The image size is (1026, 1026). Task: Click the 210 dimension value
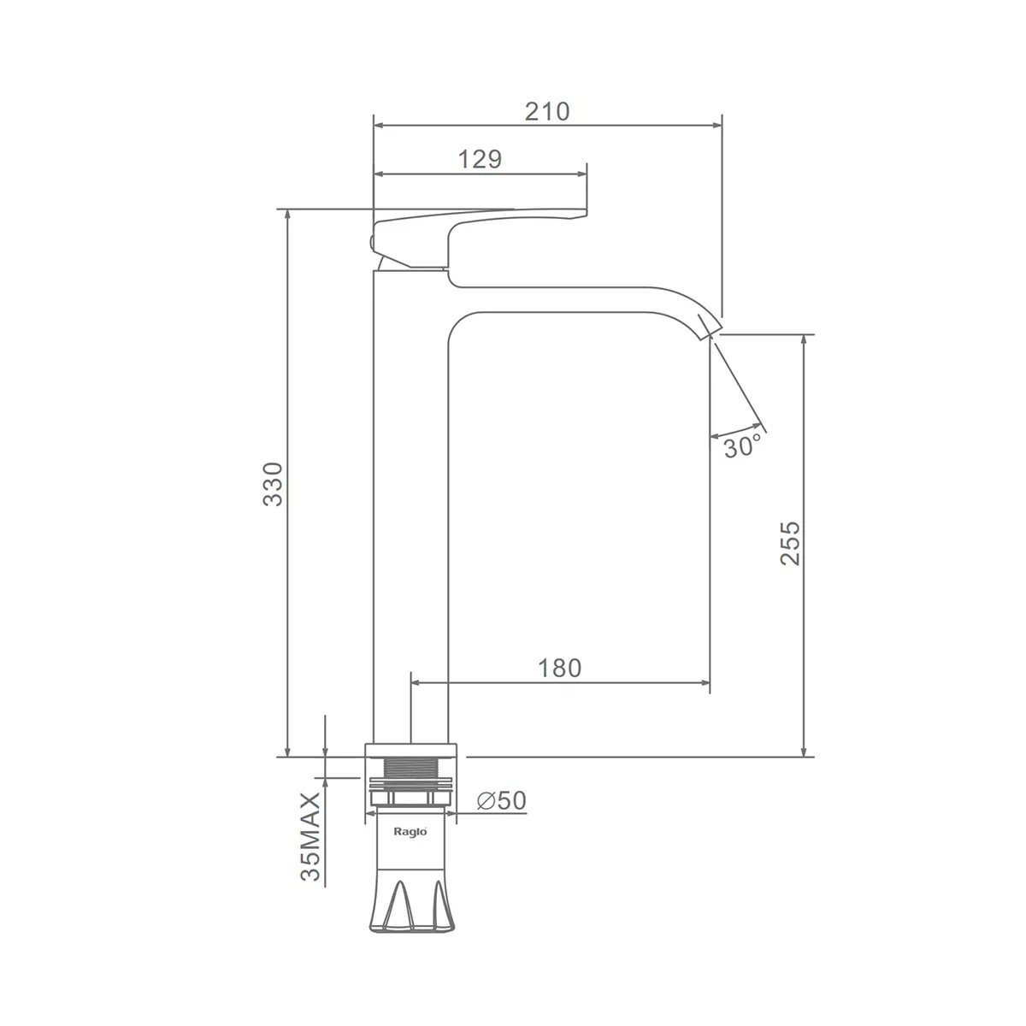coord(547,112)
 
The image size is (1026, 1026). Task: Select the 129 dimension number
coord(480,159)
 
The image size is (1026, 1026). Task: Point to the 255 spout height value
coord(790,543)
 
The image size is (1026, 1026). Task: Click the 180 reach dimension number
coord(559,669)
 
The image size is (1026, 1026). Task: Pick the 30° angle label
coord(742,446)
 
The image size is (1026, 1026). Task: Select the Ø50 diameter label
coord(502,800)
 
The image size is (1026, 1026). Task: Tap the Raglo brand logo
coord(410,832)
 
